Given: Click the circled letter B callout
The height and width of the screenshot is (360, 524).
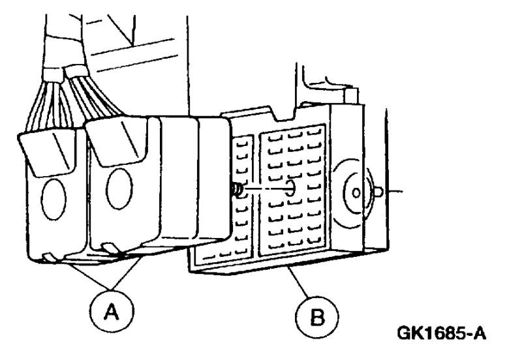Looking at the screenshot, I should (317, 318).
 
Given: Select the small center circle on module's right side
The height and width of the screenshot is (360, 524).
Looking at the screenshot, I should (355, 194).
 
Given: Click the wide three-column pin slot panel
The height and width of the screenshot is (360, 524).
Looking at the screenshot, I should (293, 196).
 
